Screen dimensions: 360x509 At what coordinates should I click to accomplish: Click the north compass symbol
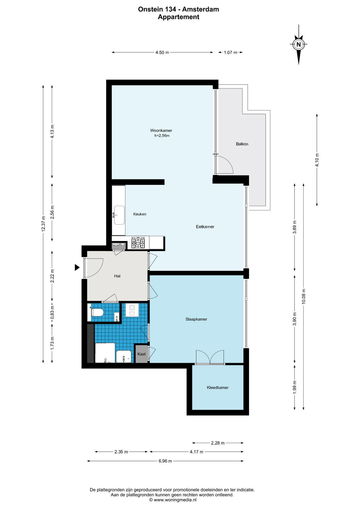(x=299, y=45)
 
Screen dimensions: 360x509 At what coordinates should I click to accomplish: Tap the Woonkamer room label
(x=161, y=130)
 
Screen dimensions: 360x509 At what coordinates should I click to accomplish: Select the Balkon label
(x=242, y=144)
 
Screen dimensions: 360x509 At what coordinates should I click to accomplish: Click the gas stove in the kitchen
(x=138, y=243)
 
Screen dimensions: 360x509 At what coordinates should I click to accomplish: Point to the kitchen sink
(x=119, y=215)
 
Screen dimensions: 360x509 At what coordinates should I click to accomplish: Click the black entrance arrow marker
(x=77, y=267)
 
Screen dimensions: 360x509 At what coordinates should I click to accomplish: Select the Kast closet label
(x=141, y=354)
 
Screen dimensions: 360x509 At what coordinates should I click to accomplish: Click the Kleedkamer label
(x=218, y=387)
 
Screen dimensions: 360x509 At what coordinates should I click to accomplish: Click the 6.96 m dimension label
(x=165, y=461)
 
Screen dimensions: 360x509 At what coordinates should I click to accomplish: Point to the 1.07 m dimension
(x=230, y=52)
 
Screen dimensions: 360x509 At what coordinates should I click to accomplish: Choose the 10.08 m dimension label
(x=304, y=296)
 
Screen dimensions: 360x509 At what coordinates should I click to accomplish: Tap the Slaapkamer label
(x=196, y=319)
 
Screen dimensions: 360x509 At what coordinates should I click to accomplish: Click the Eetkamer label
(x=205, y=227)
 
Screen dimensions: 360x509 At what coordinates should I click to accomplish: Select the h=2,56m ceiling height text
(x=162, y=136)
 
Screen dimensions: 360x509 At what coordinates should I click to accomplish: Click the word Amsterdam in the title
(x=200, y=9)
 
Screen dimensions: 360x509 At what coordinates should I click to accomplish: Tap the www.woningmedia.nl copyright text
(x=173, y=500)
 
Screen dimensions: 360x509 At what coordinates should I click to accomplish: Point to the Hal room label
(x=117, y=276)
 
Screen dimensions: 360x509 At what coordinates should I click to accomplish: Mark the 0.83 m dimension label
(x=52, y=312)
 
